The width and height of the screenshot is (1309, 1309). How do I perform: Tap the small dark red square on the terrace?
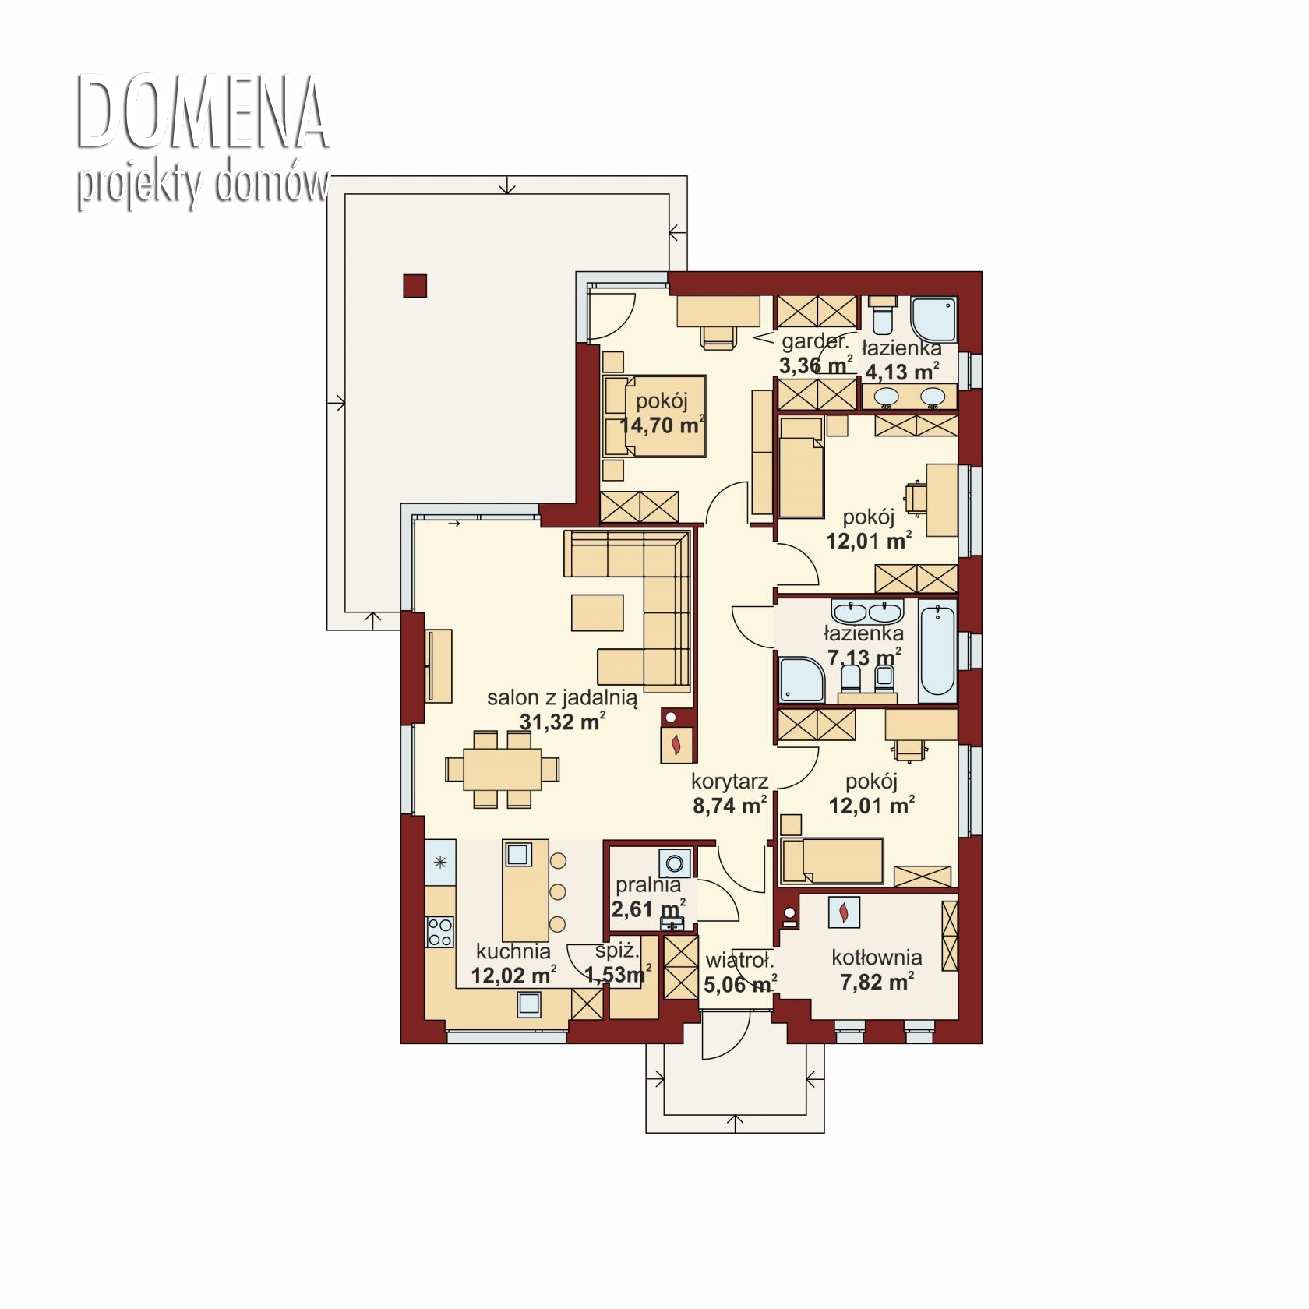[415, 286]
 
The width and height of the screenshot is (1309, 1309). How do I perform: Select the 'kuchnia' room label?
[513, 951]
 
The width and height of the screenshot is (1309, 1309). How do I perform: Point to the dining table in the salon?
[503, 769]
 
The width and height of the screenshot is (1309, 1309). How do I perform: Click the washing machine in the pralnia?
[675, 863]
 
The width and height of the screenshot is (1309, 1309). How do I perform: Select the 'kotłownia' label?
[877, 958]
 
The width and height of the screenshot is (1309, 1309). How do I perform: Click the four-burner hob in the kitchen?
[440, 931]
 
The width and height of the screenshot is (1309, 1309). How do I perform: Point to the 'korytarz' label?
[730, 782]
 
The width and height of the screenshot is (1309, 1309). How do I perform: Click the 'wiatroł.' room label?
[739, 961]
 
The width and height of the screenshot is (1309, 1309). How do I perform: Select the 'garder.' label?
[815, 341]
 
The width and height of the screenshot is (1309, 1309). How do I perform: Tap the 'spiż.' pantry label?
[617, 951]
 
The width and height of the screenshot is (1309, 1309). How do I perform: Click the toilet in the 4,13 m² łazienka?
[884, 315]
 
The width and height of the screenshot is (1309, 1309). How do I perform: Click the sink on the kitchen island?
[518, 855]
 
